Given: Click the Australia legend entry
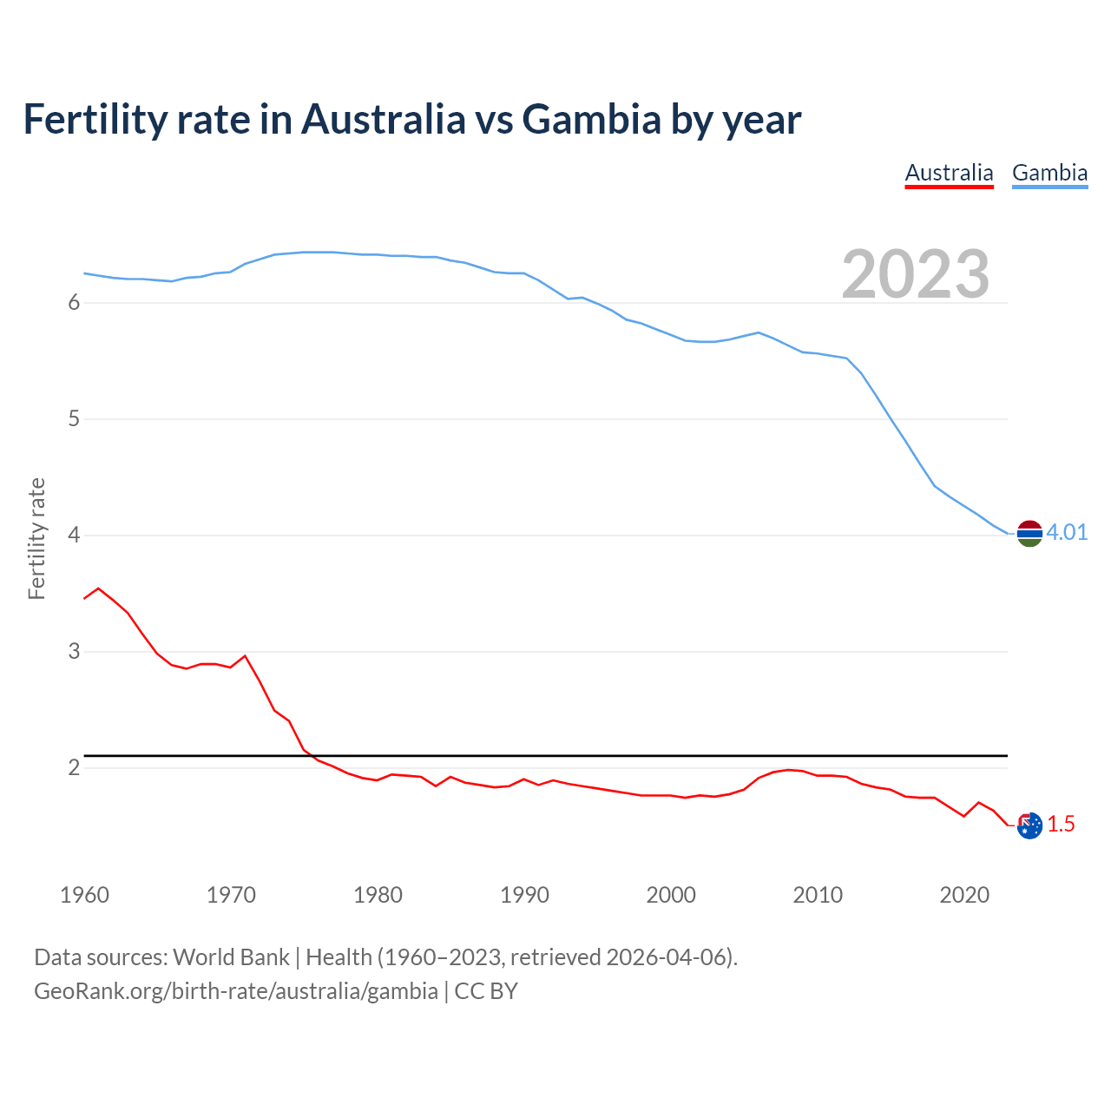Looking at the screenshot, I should click(949, 173).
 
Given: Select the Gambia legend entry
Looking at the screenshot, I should click(1049, 173).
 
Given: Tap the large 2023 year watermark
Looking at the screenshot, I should click(916, 274).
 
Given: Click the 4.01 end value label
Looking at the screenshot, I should click(1067, 532).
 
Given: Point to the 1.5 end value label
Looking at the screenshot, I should click(1061, 824).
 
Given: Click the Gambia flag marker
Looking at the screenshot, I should click(1029, 534).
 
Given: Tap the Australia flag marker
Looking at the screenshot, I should click(1029, 825).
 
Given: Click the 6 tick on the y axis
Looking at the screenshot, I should click(75, 302).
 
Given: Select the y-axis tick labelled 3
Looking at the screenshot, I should click(75, 651).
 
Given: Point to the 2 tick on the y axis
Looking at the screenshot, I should click(75, 767).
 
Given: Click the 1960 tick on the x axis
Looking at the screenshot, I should click(84, 895).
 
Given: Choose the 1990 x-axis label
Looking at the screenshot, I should click(524, 895).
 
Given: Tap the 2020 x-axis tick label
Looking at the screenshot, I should click(964, 895).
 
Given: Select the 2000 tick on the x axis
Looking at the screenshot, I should click(671, 895).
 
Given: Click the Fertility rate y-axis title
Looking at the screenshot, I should click(36, 538).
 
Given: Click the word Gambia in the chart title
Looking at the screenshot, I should click(591, 119).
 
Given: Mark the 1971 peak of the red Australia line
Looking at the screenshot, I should click(245, 656).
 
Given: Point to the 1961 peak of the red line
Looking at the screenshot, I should click(98, 588).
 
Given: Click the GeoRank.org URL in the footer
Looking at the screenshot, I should click(236, 991).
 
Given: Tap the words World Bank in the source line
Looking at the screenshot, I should click(231, 957).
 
